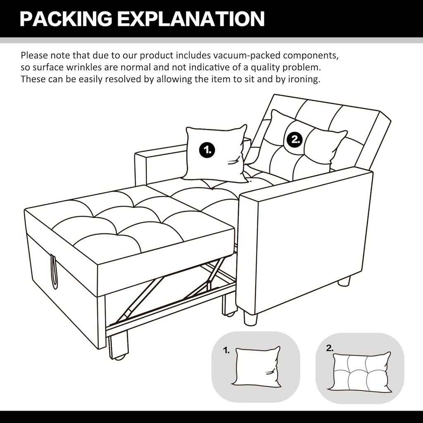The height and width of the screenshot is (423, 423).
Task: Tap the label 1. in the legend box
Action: click(226, 351)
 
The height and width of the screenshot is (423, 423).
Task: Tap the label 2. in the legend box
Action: click(329, 348)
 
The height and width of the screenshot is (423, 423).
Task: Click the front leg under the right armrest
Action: click(250, 317)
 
